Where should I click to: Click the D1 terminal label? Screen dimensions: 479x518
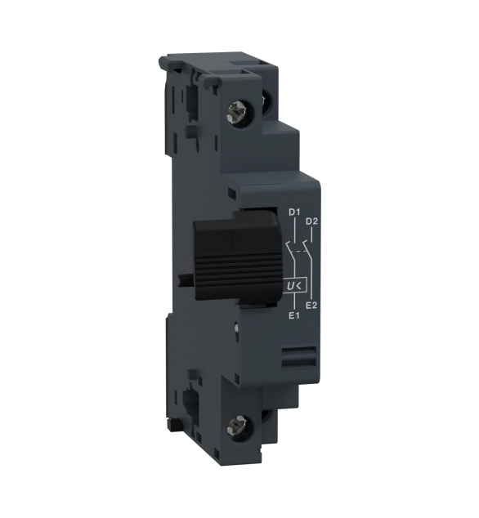click(294, 212)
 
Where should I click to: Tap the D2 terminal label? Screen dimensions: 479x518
click(311, 221)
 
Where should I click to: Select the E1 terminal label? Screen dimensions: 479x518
click(294, 316)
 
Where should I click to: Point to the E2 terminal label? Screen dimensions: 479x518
click(311, 306)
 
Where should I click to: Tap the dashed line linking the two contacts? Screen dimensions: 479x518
click(300, 252)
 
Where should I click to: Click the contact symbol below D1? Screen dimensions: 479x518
click(289, 252)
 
